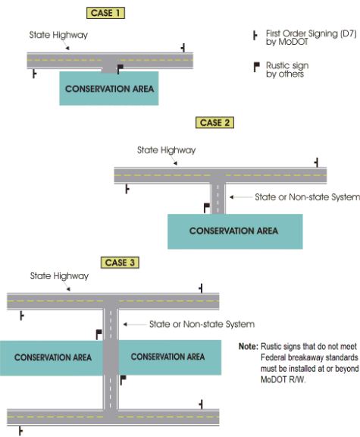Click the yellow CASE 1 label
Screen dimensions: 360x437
(x=105, y=13)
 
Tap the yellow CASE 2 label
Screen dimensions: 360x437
(x=214, y=123)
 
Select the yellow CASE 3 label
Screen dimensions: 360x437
(x=120, y=263)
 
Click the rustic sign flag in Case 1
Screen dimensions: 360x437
(x=120, y=69)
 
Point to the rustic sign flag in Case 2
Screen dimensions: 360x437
(x=207, y=208)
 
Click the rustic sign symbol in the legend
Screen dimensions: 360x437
(x=256, y=67)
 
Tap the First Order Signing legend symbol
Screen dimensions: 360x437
(x=255, y=36)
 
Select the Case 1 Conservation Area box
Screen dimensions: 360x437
(x=109, y=88)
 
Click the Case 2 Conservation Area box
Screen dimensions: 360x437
(x=235, y=231)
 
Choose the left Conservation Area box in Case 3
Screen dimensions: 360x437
(x=52, y=358)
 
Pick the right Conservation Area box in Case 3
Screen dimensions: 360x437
(x=170, y=357)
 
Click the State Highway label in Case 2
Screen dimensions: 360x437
(x=166, y=150)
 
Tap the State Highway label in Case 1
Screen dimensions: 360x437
(x=58, y=35)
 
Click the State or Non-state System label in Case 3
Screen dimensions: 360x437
(x=202, y=324)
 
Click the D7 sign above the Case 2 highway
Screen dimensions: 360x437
(x=316, y=162)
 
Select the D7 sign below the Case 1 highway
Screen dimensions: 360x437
(x=34, y=74)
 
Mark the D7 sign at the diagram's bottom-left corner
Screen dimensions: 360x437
(x=20, y=431)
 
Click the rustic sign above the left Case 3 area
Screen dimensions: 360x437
(x=99, y=335)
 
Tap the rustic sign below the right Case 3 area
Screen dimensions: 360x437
(x=123, y=380)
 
